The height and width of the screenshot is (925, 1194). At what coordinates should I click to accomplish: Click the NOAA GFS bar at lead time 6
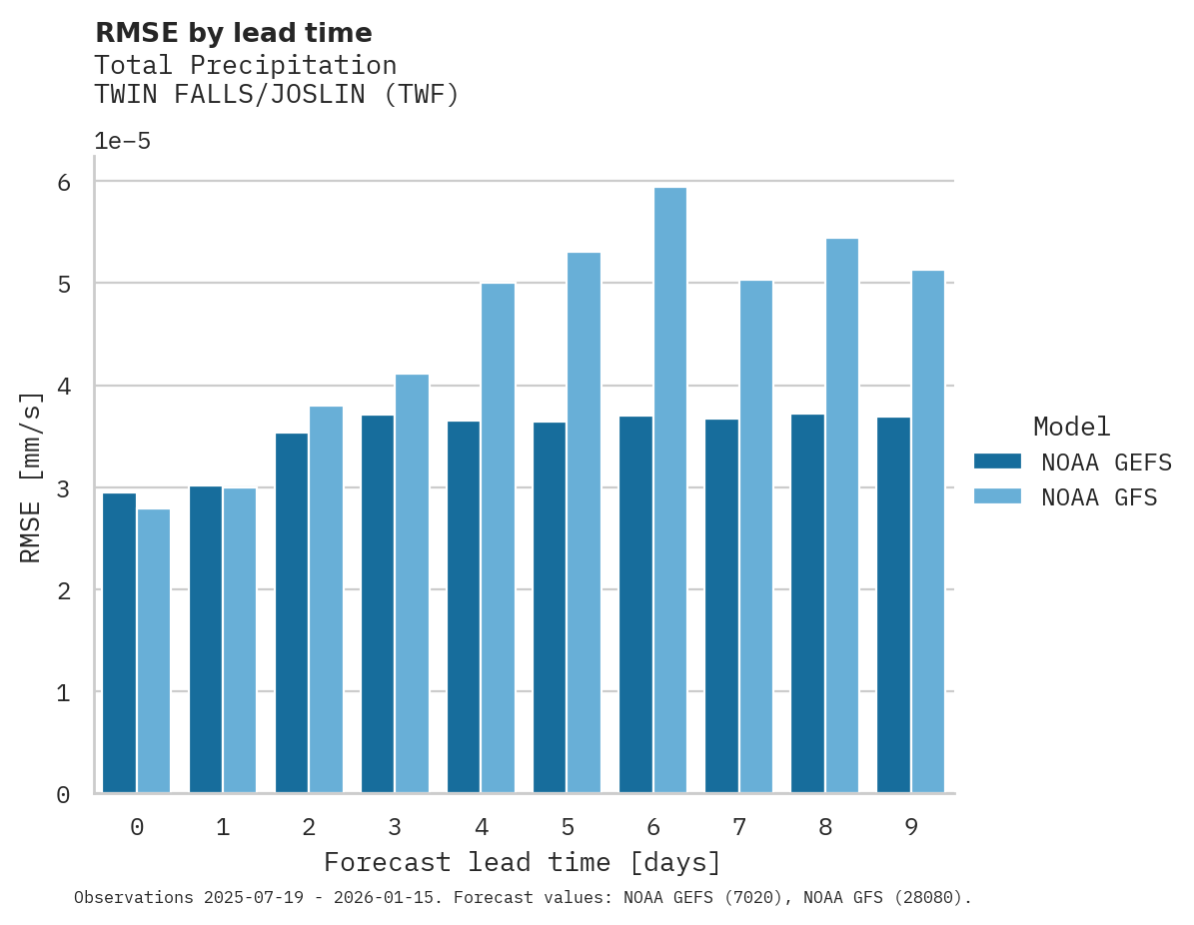(x=669, y=490)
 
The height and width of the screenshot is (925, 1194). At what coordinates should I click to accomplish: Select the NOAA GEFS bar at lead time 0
(x=119, y=643)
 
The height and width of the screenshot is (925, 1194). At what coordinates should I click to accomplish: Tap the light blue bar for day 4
(x=498, y=538)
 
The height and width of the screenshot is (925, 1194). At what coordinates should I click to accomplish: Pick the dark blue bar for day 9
(x=893, y=605)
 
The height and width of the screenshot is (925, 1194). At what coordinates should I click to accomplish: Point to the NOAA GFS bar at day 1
(x=240, y=640)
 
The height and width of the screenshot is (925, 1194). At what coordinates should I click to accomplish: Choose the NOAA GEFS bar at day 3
(x=377, y=604)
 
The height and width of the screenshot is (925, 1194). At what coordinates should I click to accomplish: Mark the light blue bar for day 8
(x=841, y=515)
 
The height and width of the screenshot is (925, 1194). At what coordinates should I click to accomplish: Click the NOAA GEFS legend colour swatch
(x=997, y=462)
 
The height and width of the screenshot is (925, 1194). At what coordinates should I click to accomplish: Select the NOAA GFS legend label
(x=1098, y=497)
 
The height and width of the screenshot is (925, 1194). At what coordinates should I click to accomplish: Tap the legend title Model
(x=1071, y=427)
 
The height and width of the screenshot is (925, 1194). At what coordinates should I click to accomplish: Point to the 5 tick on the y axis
(x=63, y=285)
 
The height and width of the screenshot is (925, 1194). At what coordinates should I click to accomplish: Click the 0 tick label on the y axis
(x=63, y=795)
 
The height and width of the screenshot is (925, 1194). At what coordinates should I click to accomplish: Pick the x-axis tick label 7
(x=739, y=827)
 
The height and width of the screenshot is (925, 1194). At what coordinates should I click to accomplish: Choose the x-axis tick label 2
(x=309, y=827)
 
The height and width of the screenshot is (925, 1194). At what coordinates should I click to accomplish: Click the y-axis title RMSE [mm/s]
(x=32, y=476)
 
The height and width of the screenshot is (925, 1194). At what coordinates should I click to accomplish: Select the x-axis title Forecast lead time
(x=522, y=862)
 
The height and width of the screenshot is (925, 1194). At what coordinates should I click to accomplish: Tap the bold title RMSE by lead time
(x=233, y=33)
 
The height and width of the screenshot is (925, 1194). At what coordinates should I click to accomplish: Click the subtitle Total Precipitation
(x=245, y=66)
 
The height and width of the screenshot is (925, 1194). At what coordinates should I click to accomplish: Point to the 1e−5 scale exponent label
(x=122, y=142)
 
